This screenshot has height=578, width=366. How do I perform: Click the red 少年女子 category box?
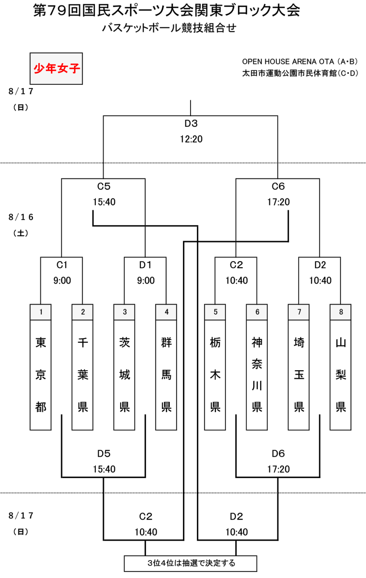click(56, 68)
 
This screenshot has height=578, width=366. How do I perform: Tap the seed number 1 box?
click(41, 312)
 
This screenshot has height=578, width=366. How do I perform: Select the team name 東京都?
click(41, 375)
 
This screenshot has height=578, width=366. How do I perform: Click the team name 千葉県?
click(83, 375)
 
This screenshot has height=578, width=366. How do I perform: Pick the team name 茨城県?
click(124, 375)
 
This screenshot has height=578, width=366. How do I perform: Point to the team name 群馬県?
click(166, 375)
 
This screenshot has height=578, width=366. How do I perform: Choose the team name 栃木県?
click(215, 375)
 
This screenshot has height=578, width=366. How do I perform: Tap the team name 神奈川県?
click(257, 375)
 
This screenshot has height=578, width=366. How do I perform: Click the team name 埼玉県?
click(299, 375)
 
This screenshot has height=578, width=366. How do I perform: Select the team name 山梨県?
click(341, 375)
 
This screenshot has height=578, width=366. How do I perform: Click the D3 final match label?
click(191, 123)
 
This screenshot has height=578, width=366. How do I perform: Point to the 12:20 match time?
click(191, 139)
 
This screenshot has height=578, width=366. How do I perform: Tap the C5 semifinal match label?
click(104, 186)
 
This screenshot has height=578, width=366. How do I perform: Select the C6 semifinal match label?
click(278, 186)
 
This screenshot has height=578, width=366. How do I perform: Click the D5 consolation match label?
click(104, 453)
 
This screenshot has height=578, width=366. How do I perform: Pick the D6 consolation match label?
click(278, 453)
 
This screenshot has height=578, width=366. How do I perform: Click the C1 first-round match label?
click(62, 265)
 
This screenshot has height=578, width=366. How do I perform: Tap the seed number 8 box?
click(341, 312)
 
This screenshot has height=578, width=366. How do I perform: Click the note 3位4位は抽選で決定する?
click(191, 563)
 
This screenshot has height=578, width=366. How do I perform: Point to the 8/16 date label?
click(21, 217)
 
